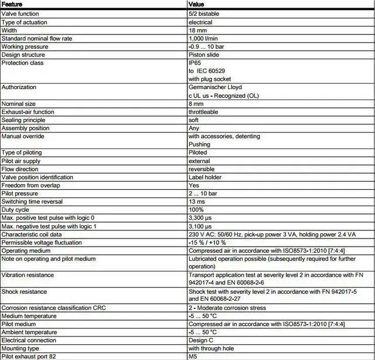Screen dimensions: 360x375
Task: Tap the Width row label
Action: [10, 30]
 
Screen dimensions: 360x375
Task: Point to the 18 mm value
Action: [197, 30]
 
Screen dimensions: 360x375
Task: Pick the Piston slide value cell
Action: [204, 55]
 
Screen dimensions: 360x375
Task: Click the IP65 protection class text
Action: [195, 63]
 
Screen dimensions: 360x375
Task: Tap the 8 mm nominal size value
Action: [196, 104]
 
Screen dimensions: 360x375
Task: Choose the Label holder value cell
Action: [205, 177]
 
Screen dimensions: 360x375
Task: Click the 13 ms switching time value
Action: [197, 202]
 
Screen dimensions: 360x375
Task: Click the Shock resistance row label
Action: [25, 291]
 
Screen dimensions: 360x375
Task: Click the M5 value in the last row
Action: [193, 356]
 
